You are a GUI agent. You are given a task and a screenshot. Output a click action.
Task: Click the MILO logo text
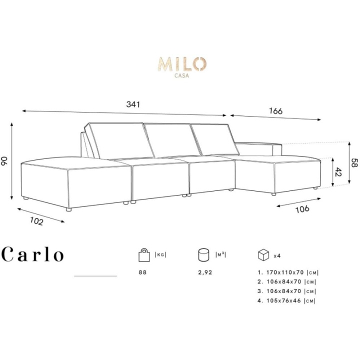[x=182, y=64]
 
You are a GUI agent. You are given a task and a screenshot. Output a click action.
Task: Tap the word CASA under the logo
[x=182, y=75]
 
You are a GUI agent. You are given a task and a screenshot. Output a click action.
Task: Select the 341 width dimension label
[x=133, y=104]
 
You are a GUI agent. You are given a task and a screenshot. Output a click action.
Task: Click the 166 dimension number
[x=275, y=111]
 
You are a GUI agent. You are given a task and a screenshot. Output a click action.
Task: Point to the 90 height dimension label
[x=4, y=161]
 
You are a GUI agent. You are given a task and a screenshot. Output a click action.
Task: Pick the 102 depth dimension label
[x=36, y=221]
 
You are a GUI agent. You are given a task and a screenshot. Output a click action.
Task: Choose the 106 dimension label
[x=302, y=209]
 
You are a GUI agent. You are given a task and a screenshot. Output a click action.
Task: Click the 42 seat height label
[x=338, y=172]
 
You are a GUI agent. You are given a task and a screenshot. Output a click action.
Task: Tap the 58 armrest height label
[x=354, y=163]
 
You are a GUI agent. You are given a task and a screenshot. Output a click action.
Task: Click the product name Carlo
[x=33, y=254]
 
